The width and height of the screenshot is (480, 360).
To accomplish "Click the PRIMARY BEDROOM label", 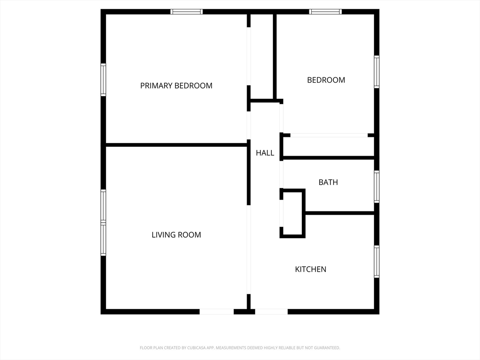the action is [x=176, y=86].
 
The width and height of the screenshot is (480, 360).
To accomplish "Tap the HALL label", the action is [x=265, y=153].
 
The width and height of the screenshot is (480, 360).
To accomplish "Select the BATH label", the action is [x=328, y=182].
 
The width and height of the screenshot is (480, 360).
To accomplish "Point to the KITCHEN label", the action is [x=310, y=269].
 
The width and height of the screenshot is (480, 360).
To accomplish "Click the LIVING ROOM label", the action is [x=176, y=235].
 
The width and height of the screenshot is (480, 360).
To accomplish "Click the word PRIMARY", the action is [x=157, y=86].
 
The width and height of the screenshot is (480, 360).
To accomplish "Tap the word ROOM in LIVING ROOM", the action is [x=189, y=235].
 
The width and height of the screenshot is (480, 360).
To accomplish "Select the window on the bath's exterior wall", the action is [x=377, y=187].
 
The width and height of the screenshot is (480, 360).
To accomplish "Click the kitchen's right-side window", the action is [x=377, y=262].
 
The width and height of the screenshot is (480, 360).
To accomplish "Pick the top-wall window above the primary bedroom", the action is [x=187, y=12].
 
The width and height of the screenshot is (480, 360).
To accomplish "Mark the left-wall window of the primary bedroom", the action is [x=104, y=80].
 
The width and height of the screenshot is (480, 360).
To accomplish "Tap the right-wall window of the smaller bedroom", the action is [x=377, y=72].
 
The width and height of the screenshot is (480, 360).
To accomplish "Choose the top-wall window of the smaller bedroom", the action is [x=325, y=12].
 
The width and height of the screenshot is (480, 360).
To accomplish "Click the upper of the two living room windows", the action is [x=104, y=206].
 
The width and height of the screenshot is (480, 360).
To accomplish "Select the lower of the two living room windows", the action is [x=104, y=239].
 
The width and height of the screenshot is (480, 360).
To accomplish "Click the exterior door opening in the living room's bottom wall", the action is [x=217, y=312].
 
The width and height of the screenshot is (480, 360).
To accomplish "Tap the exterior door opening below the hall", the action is [x=271, y=312].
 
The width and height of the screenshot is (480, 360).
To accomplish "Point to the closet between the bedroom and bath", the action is [x=329, y=147].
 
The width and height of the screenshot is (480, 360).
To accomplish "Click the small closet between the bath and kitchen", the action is [x=292, y=213].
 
